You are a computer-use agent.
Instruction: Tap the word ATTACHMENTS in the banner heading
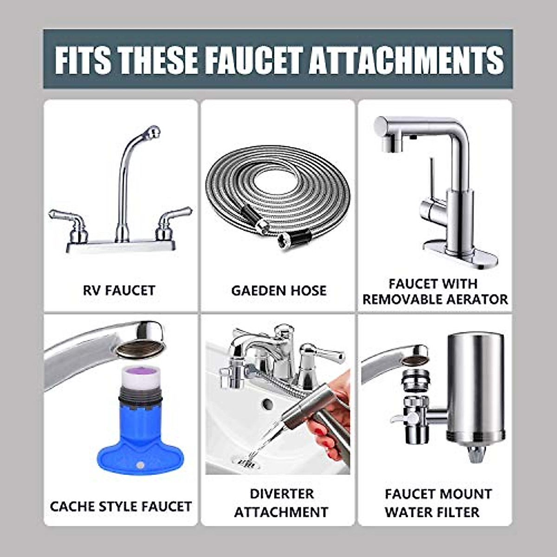[x=406, y=59]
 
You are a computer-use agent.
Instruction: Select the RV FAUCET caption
[x=119, y=291]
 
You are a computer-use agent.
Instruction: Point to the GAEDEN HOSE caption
[x=278, y=291]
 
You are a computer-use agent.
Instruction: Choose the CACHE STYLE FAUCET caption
[x=121, y=506]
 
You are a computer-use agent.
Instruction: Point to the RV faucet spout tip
[x=153, y=132]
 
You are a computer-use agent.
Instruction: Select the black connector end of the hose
[x=290, y=239]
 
